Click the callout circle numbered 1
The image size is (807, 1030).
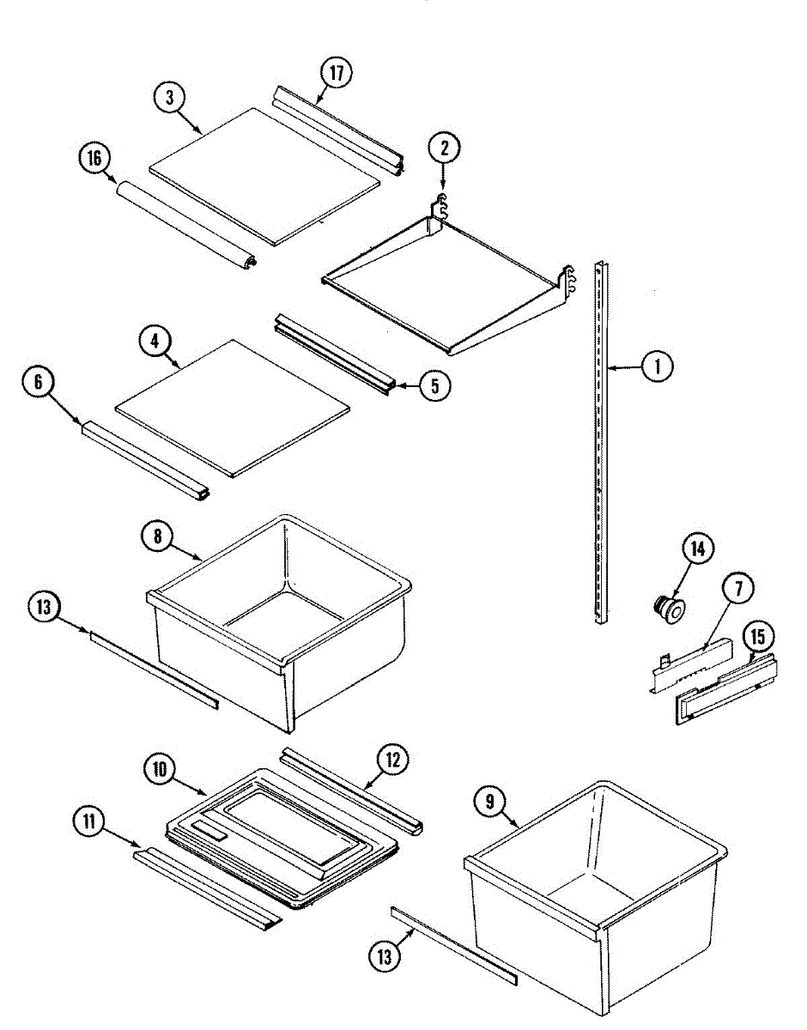[658, 367]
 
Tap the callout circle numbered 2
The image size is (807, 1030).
[444, 148]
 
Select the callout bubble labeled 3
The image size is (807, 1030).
[170, 98]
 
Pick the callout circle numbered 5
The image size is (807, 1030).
[435, 386]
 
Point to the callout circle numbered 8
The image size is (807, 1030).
[157, 537]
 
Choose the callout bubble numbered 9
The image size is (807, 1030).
[489, 802]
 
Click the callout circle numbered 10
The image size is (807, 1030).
[160, 770]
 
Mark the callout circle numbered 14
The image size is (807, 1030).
[698, 548]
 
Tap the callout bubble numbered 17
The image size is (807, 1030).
[336, 73]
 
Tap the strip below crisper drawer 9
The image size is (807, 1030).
[455, 945]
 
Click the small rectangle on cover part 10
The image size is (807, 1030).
[209, 830]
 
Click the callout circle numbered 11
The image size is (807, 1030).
[88, 821]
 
